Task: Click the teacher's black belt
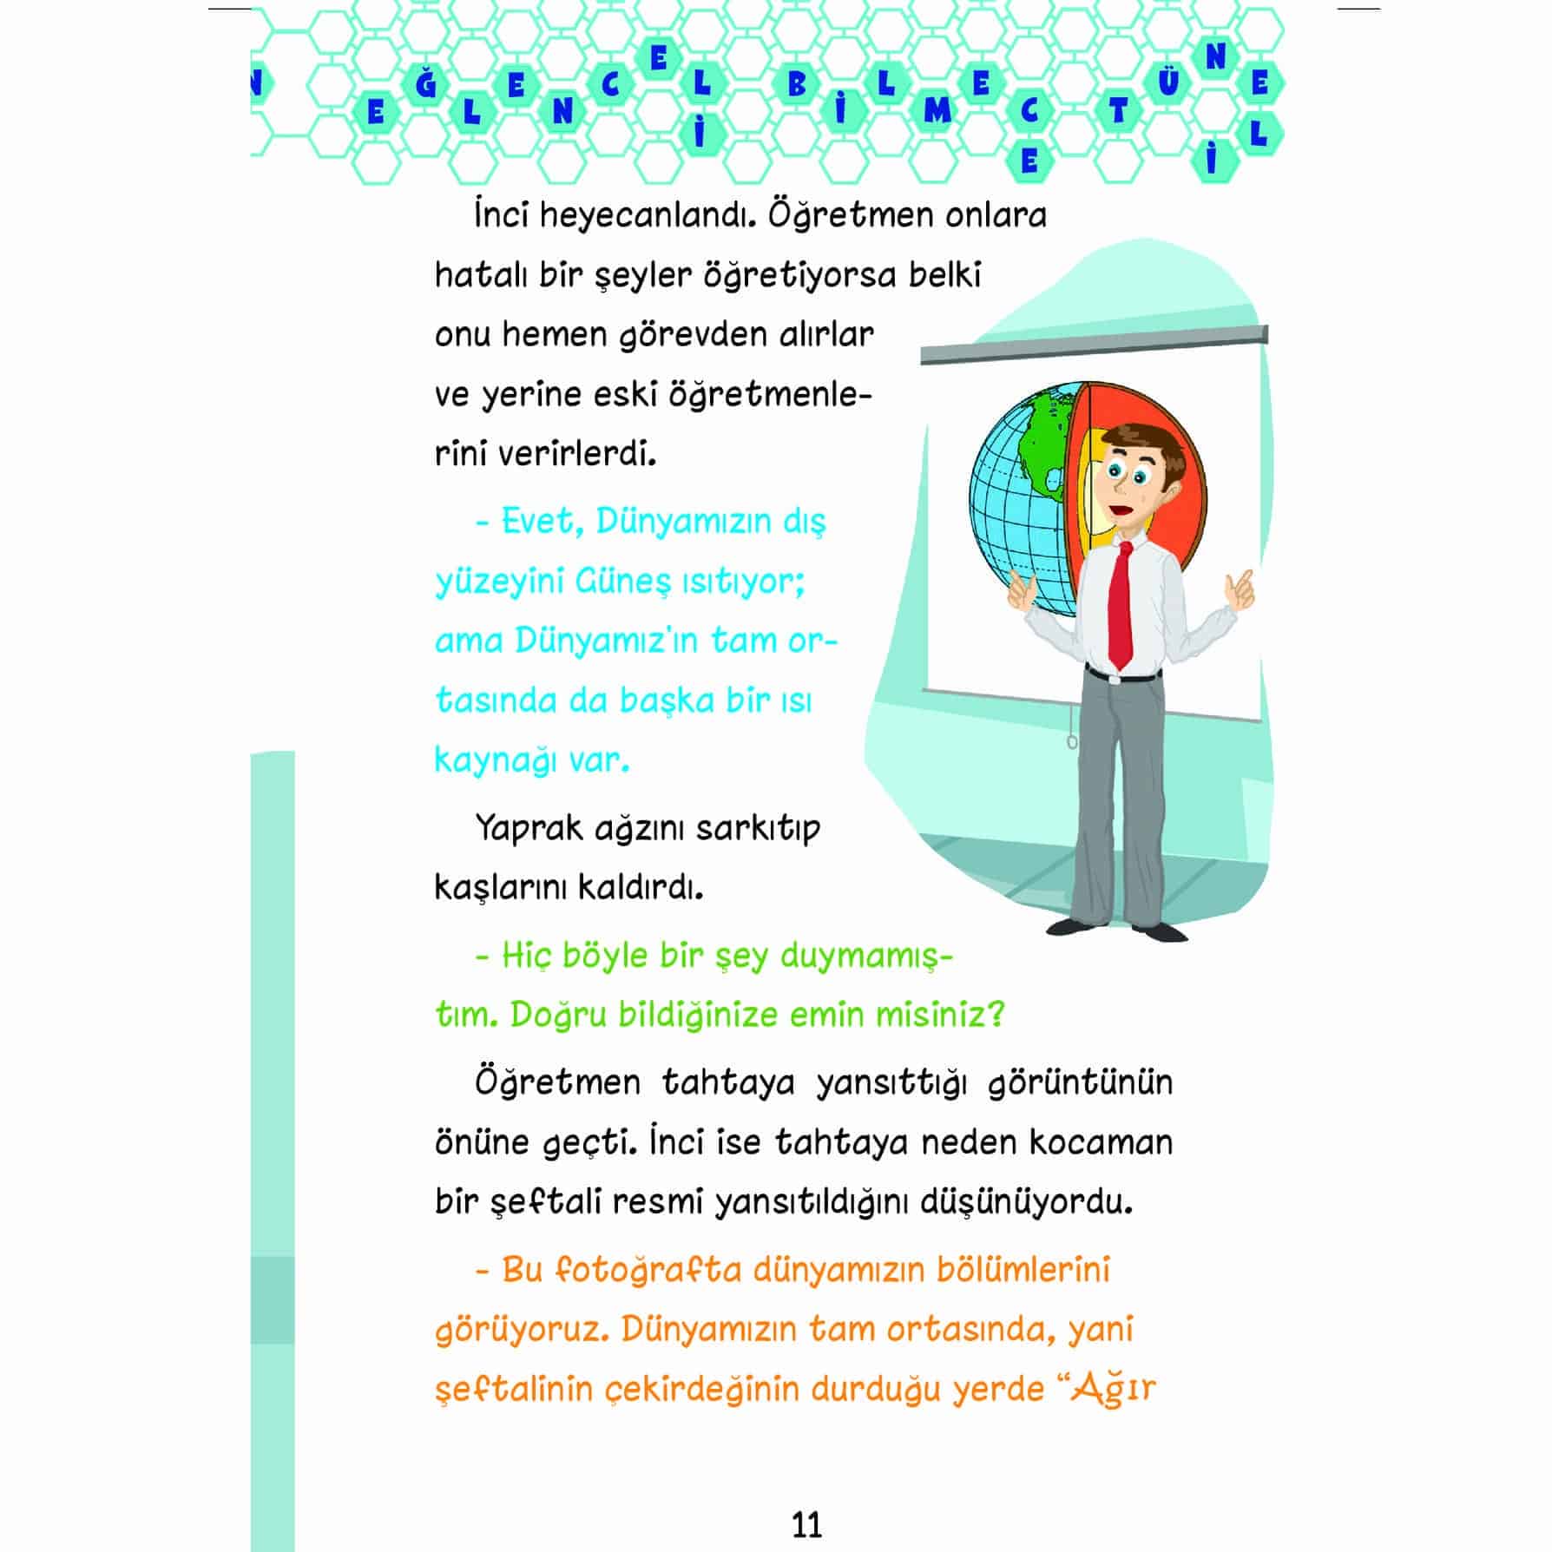coord(1122,674)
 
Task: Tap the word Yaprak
coord(529,829)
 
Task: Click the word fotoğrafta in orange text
coord(648,1270)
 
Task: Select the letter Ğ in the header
coord(424,84)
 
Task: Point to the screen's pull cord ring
coord(1072,742)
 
